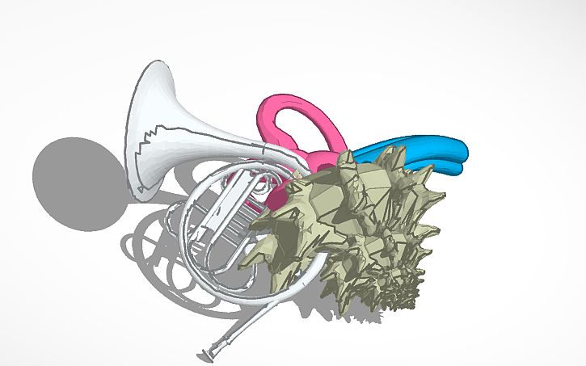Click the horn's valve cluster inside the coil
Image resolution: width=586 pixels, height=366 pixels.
coord(222,214)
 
